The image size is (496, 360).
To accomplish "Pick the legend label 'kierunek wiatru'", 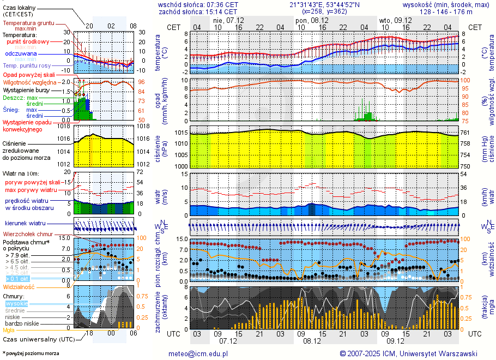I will pyautogui.click(x=25, y=224).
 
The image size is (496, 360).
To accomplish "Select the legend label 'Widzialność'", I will pyautogui.click(x=19, y=286).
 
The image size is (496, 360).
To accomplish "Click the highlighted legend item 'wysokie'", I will pyautogui.click(x=16, y=303).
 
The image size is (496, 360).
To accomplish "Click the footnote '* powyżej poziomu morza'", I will pyautogui.click(x=31, y=353).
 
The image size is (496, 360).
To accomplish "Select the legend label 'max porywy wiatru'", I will pyautogui.click(x=31, y=190).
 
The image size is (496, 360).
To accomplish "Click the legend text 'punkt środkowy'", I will pyautogui.click(x=28, y=41).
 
